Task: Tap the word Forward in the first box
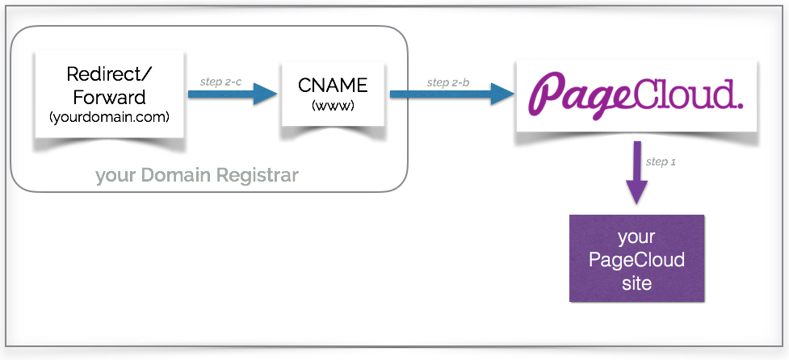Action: [107, 97]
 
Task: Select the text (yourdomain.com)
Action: [107, 117]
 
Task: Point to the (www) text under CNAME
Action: [331, 105]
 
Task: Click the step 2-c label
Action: [220, 82]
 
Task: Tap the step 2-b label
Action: [449, 82]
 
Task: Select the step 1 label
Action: [661, 161]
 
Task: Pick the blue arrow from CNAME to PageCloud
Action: [451, 94]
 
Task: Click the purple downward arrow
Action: [637, 174]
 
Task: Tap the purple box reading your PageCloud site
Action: [636, 259]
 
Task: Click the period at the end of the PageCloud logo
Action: [737, 105]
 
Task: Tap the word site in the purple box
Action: [636, 283]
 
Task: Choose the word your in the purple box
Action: [636, 237]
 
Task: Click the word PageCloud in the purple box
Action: [636, 260]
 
